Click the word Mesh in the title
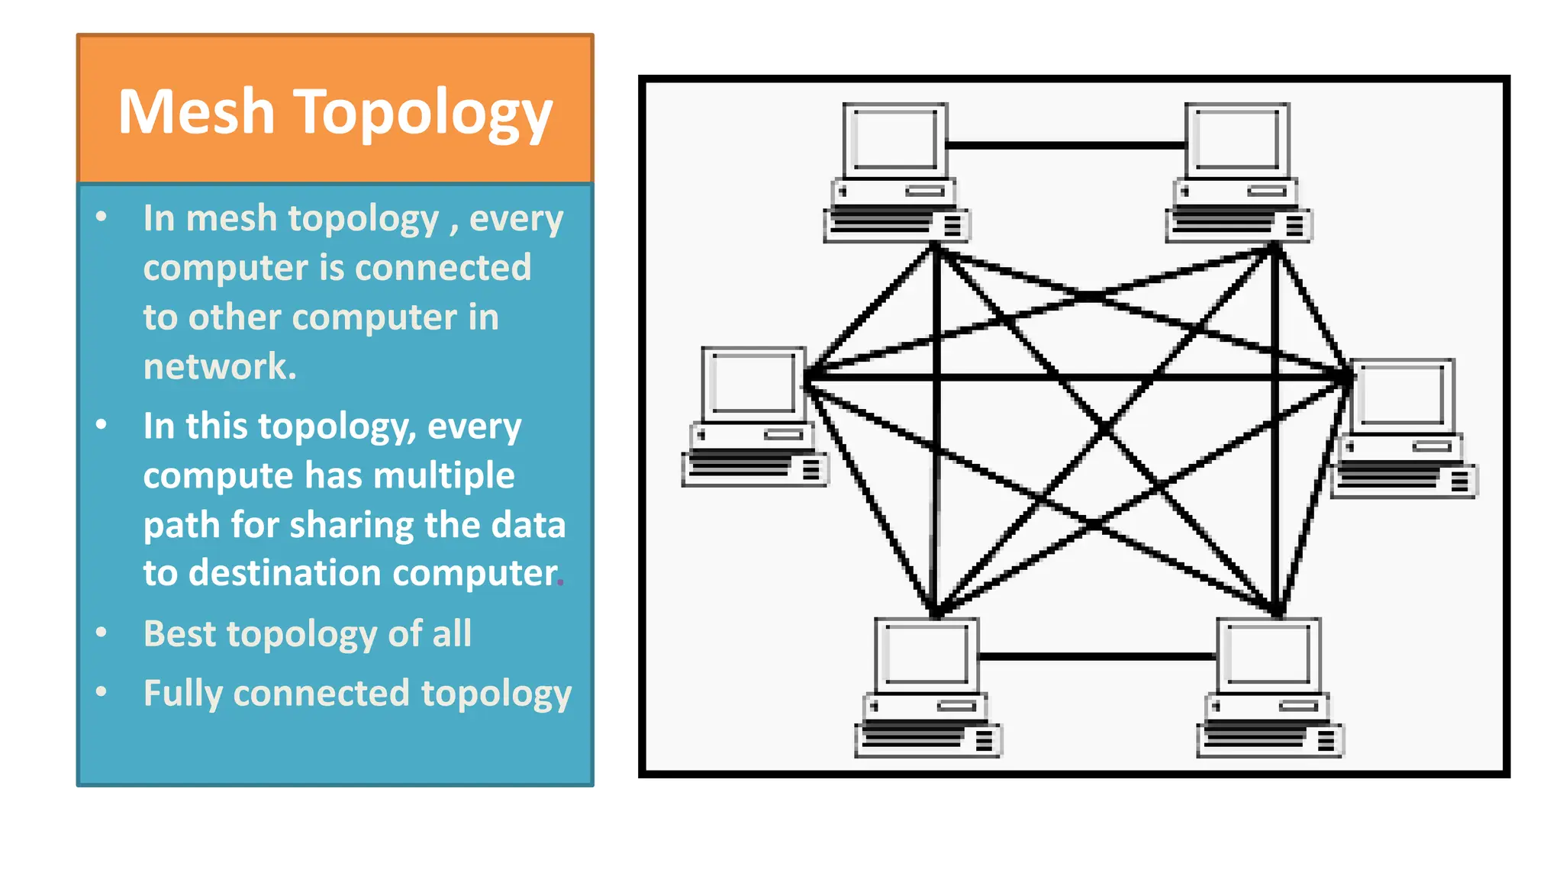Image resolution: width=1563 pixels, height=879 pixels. pos(196,112)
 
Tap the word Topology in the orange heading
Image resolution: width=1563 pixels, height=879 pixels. pos(423,114)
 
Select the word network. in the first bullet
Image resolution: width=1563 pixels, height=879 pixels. pos(220,366)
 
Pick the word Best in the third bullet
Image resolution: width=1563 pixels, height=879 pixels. pos(179,634)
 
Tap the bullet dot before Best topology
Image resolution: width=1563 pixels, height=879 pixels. pos(102,633)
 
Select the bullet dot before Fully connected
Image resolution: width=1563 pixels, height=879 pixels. pos(102,692)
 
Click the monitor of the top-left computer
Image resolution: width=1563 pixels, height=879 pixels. pos(894,140)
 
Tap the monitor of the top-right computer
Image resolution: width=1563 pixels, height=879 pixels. pos(1236,140)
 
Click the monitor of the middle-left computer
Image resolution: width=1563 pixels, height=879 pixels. pos(752,384)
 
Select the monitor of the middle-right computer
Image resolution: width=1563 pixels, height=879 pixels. pos(1403,395)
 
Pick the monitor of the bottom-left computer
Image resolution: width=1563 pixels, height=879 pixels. pos(926,654)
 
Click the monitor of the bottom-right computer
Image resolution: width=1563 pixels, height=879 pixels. pos(1268,654)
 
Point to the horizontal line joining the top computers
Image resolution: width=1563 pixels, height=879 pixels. pos(1065,144)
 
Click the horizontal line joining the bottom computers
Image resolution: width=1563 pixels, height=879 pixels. pos(1097,656)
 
